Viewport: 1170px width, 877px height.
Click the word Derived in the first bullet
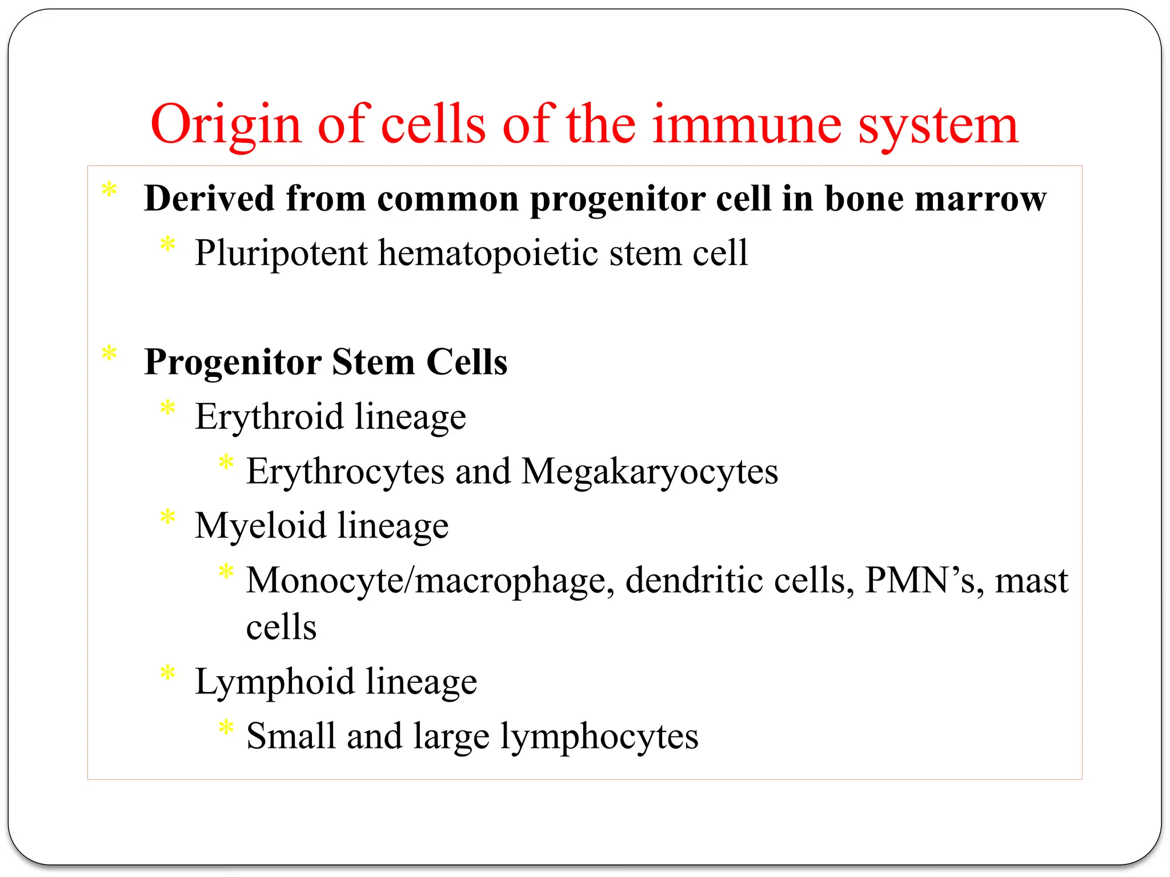pos(209,199)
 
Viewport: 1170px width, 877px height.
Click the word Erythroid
pos(269,416)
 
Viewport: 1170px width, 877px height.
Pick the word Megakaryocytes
pos(650,472)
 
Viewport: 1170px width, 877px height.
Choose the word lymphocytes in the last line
pos(599,737)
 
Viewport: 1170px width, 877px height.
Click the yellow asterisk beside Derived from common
pos(109,191)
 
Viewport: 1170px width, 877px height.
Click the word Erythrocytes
pos(345,472)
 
